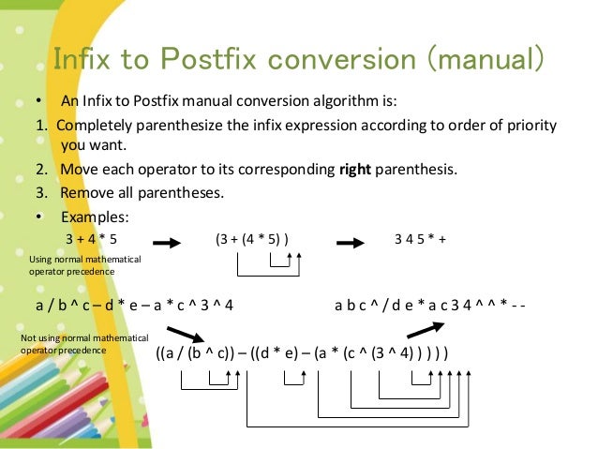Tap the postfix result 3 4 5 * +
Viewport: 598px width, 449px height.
point(420,238)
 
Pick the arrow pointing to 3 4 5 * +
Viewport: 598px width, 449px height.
point(350,241)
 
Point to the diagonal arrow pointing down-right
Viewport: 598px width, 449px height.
point(185,336)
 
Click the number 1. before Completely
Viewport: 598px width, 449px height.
point(40,125)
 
